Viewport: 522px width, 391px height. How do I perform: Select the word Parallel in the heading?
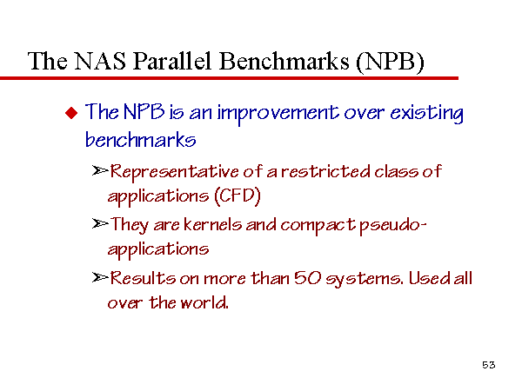click(172, 61)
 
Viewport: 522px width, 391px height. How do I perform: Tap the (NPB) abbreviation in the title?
click(390, 62)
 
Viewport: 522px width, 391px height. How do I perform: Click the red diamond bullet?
click(71, 113)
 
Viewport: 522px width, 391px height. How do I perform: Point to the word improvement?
click(278, 113)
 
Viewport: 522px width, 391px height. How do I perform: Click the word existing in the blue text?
click(426, 113)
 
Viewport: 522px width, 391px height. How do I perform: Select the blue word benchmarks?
click(140, 140)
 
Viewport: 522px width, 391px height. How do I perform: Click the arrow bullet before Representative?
click(100, 170)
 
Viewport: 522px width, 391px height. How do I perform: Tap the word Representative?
click(174, 172)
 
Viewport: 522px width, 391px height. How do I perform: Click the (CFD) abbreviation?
click(237, 195)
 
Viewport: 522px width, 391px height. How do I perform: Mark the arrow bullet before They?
click(100, 224)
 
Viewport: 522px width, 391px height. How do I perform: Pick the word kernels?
click(213, 224)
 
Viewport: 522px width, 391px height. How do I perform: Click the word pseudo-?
click(393, 225)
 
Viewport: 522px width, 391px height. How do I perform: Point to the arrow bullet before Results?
click(100, 277)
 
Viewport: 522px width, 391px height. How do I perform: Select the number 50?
click(308, 278)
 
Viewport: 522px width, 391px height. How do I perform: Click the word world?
click(204, 302)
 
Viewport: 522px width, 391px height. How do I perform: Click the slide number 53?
click(489, 365)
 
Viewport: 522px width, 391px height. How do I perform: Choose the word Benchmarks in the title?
click(284, 61)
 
